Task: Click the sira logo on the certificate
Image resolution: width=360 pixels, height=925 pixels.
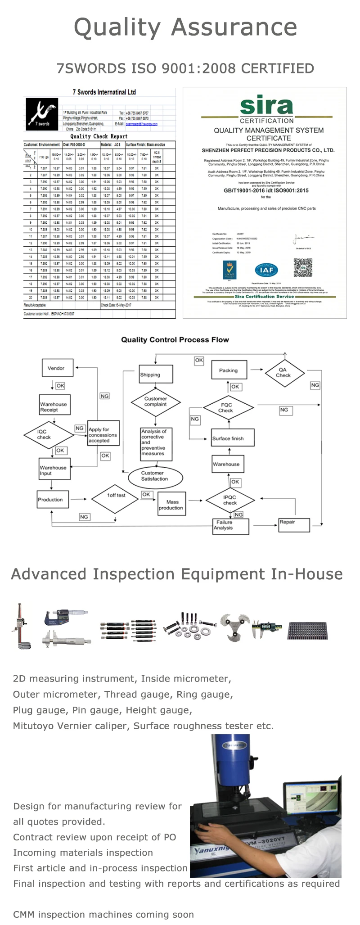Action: pos(266,106)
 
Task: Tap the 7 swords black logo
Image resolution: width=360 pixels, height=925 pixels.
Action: pos(42,114)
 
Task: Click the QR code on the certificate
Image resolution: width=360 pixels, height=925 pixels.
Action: pos(302,267)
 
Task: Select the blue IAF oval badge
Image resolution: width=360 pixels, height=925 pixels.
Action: pos(266,270)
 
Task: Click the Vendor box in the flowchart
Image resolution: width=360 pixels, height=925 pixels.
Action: pos(56,368)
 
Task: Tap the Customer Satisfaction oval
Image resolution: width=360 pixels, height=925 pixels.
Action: pos(155,476)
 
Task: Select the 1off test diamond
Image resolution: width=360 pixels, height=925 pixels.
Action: pos(116,496)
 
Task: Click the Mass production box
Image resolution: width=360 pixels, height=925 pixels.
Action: pos(171,505)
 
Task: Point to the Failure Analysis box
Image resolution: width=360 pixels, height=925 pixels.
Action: pos(230,526)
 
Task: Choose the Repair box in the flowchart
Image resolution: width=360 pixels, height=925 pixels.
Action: pos(294,524)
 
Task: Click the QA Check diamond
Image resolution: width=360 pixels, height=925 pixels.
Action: pos(283,372)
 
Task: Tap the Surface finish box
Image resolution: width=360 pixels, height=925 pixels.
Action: pos(233,438)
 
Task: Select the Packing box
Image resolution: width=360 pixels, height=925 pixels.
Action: pos(229,370)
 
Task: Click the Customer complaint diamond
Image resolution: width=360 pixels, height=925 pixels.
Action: pos(156,402)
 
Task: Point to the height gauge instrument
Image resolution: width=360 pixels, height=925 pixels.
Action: pos(21,626)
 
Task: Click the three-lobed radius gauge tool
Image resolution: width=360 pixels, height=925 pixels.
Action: pos(234,626)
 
